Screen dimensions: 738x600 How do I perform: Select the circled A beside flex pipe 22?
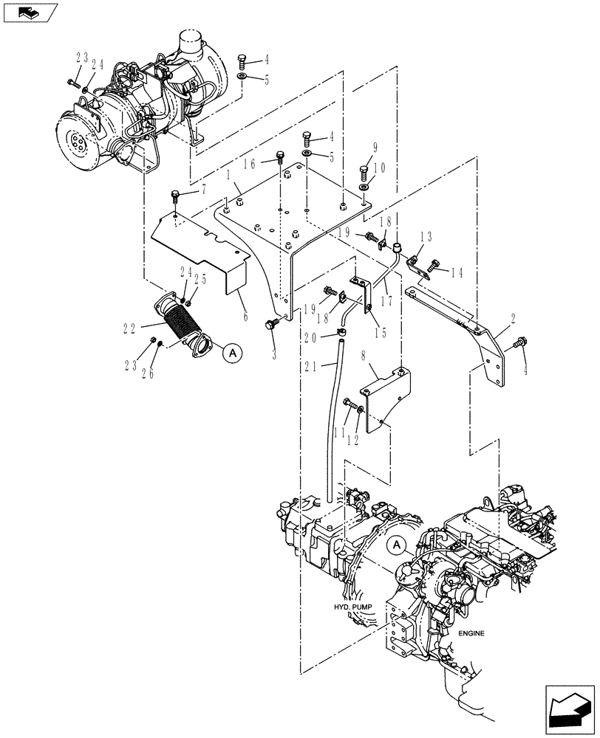coord(232,354)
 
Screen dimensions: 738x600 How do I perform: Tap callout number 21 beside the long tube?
coord(310,365)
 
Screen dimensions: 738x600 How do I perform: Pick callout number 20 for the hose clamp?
coord(310,337)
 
